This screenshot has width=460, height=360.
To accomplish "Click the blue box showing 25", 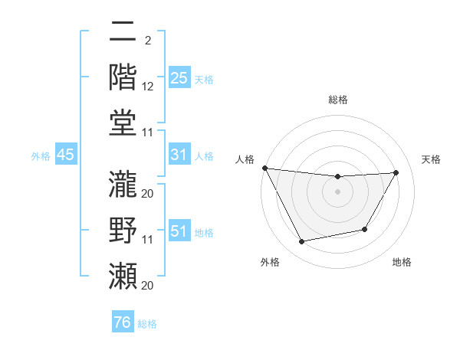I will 179,78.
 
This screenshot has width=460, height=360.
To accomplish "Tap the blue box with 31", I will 179,155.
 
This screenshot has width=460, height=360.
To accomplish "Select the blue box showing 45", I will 65,155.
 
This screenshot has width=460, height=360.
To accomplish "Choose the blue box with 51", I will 179,231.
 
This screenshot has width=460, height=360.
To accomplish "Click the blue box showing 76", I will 122,322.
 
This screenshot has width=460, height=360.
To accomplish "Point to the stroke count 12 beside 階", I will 148,88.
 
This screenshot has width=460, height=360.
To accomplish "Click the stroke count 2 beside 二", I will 147,41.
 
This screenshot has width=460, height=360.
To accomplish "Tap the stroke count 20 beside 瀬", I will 148,286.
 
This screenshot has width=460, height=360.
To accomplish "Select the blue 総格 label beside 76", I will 147,324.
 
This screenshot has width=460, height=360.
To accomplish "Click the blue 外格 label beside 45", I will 41,156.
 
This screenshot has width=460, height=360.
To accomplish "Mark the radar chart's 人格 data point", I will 264,168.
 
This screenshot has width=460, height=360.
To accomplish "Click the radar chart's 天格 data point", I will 396,172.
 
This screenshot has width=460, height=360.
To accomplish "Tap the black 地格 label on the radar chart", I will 402,262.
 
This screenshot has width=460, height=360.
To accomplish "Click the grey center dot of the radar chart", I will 337,191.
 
